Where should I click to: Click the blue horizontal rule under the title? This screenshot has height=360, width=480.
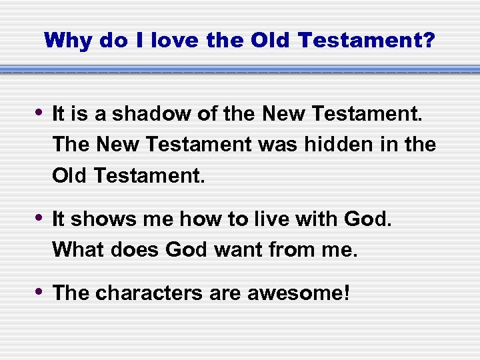click(240, 69)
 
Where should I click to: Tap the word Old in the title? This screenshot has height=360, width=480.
click(271, 41)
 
